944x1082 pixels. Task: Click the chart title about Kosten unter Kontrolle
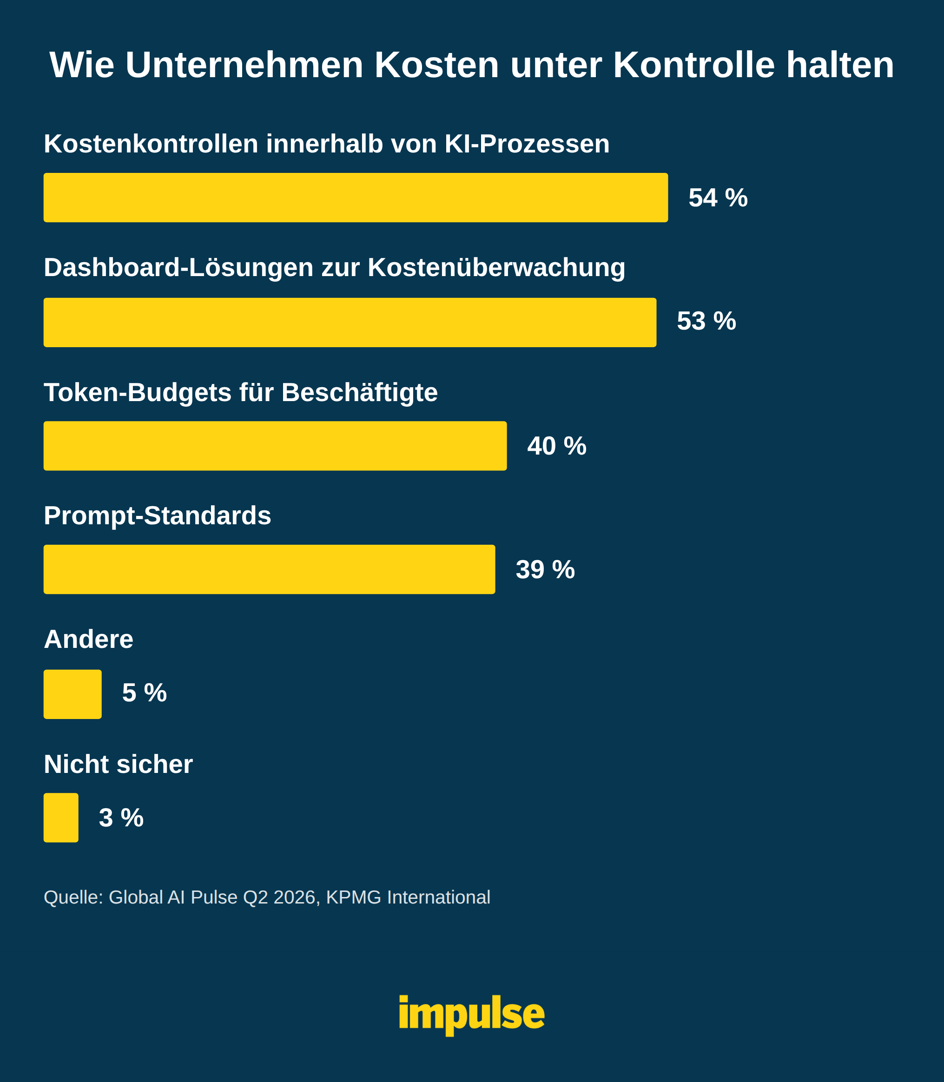tap(471, 66)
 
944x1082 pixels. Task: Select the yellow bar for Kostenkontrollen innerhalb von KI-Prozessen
tap(356, 198)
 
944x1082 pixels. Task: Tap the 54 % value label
tap(718, 198)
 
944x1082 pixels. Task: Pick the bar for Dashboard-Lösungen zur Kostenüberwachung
tap(350, 323)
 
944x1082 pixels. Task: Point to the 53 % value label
tap(706, 321)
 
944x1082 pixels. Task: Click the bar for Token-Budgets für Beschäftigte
tap(275, 446)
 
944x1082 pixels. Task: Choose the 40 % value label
tap(557, 446)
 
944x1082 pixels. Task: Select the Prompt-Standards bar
tap(269, 569)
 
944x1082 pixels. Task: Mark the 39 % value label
tap(545, 569)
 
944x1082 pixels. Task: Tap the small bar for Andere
tap(73, 694)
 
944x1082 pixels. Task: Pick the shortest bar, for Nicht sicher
tap(61, 818)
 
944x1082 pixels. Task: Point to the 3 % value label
tap(121, 818)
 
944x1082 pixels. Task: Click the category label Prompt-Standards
tap(158, 516)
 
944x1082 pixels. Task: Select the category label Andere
tap(88, 640)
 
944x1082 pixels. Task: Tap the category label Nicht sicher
tap(119, 765)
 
